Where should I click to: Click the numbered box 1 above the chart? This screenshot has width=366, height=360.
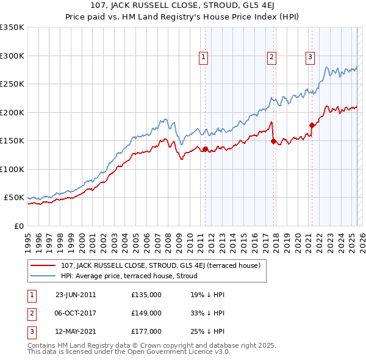[203, 58]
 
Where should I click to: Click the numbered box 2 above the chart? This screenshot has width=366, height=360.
[271, 58]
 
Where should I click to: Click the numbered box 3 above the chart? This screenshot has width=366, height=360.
[310, 58]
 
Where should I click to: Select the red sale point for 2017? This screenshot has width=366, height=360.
[273, 141]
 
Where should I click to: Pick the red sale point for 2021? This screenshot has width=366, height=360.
[312, 125]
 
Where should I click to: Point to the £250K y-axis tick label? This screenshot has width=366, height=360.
[12, 84]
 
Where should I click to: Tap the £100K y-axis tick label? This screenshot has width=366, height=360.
[12, 169]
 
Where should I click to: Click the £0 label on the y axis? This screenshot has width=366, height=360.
[19, 226]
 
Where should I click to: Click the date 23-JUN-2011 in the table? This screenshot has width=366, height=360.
[74, 295]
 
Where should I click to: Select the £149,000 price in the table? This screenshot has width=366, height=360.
[146, 313]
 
